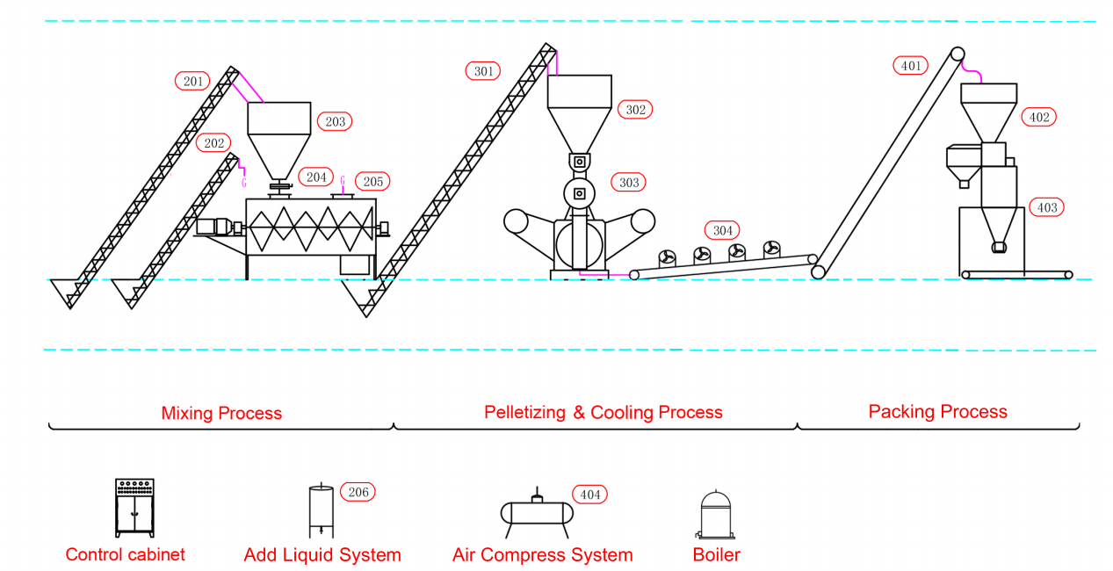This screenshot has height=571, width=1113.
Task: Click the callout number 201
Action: pyautogui.click(x=192, y=81)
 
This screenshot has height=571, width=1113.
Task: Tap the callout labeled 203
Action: pyautogui.click(x=335, y=121)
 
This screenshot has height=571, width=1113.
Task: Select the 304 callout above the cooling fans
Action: pyautogui.click(x=722, y=230)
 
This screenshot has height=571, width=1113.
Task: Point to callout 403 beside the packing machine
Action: pyautogui.click(x=1046, y=207)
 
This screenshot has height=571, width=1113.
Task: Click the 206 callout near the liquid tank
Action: pyautogui.click(x=358, y=492)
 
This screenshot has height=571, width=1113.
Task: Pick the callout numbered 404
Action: pyautogui.click(x=589, y=495)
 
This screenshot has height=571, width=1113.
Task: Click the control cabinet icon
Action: pyautogui.click(x=134, y=508)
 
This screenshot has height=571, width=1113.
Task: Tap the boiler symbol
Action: pyautogui.click(x=715, y=515)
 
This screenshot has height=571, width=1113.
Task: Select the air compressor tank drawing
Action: pyautogui.click(x=537, y=513)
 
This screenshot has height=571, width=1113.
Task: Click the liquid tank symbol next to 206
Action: pyautogui.click(x=321, y=510)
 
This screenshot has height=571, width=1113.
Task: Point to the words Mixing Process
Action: pyautogui.click(x=221, y=414)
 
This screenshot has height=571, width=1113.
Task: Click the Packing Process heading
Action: pyautogui.click(x=937, y=412)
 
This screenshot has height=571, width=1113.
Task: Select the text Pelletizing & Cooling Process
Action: pyautogui.click(x=603, y=413)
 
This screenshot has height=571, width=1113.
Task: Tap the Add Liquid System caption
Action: pyautogui.click(x=322, y=555)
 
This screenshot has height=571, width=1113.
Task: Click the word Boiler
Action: pyautogui.click(x=717, y=554)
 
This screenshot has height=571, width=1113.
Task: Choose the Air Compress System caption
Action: pyautogui.click(x=543, y=555)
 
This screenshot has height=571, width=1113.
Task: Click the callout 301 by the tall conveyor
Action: pyautogui.click(x=483, y=71)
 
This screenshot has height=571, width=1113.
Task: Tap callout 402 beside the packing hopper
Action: pyautogui.click(x=1038, y=118)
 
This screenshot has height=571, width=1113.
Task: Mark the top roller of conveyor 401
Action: pyautogui.click(x=958, y=54)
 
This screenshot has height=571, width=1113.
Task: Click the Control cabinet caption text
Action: pyautogui.click(x=126, y=554)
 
